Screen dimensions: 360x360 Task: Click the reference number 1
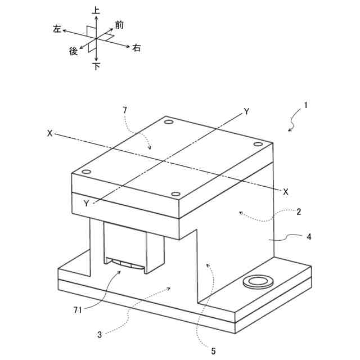coord(305,105)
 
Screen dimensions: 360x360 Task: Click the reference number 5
coord(213,352)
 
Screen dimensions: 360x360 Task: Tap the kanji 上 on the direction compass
coord(96,10)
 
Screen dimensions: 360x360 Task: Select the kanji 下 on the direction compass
coord(96,66)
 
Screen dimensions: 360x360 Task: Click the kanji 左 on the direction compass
coord(57,29)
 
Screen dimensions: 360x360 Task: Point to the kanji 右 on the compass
coord(136,49)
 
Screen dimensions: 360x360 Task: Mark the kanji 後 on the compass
coord(73,51)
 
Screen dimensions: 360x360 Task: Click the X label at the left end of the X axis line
coord(50,134)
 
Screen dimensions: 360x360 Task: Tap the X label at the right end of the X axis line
coord(286,191)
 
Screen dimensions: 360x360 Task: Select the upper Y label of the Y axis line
coord(246,111)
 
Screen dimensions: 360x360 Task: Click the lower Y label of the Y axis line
coord(86,204)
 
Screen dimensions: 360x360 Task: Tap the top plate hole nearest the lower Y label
coord(86,171)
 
